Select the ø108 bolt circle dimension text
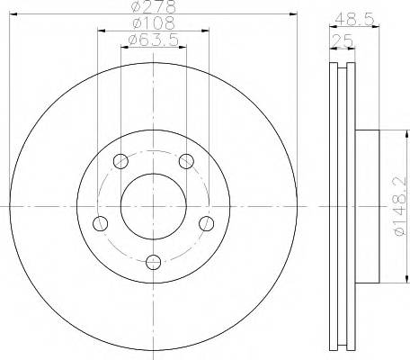pyautogui.click(x=153, y=23)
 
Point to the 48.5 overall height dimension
pyautogui.click(x=353, y=17)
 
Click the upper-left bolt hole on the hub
pyautogui.click(x=120, y=162)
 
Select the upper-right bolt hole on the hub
pyautogui.click(x=186, y=162)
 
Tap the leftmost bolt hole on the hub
pyautogui.click(x=101, y=223)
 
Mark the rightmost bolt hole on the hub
pyautogui.click(x=206, y=223)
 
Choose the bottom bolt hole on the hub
pyautogui.click(x=153, y=262)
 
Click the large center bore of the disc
pyautogui.click(x=153, y=206)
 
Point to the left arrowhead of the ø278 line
pyautogui.click(x=14, y=13)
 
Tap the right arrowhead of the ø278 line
pyautogui.click(x=292, y=13)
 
